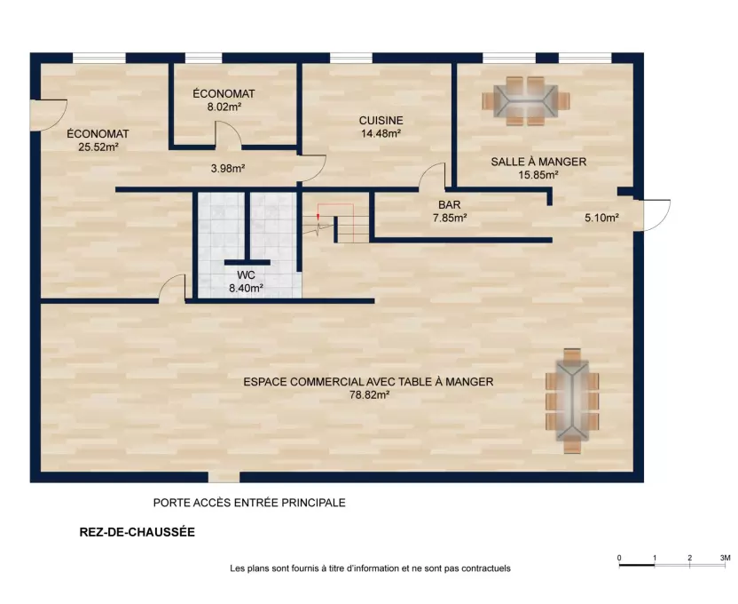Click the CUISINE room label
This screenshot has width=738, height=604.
click(381, 121)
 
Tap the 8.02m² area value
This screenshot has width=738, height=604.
click(224, 107)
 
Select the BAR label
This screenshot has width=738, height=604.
click(450, 205)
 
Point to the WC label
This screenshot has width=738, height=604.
click(246, 275)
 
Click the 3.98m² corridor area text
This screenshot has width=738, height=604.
click(228, 168)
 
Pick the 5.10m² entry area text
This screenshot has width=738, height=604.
click(601, 218)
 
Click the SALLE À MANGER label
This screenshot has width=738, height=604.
click(538, 162)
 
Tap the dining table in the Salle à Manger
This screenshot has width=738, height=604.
click(526, 101)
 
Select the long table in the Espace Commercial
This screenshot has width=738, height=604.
click(572, 401)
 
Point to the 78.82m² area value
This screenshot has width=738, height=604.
click(369, 394)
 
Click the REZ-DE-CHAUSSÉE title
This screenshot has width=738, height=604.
click(137, 532)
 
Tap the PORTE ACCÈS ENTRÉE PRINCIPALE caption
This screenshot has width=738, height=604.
click(249, 503)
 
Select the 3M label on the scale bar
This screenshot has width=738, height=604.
click(725, 558)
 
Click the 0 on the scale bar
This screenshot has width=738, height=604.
click(619, 559)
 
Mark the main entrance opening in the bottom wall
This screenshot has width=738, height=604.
click(224, 477)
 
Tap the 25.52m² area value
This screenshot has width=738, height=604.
click(98, 147)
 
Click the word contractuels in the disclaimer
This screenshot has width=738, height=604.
click(486, 568)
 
